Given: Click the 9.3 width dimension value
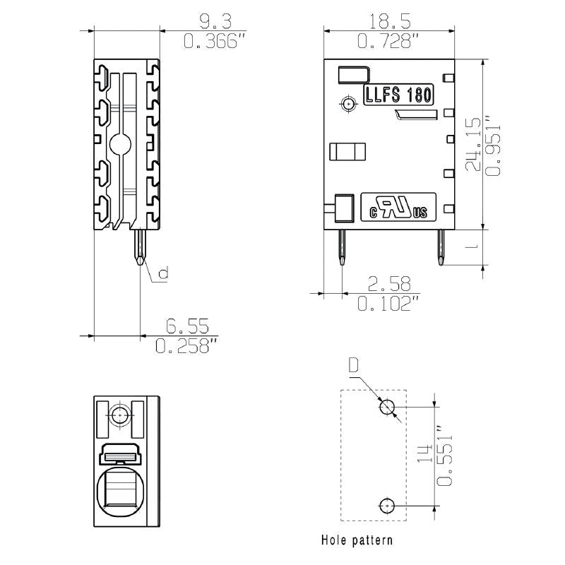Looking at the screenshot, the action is [x=215, y=22].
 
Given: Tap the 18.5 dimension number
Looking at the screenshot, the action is [x=390, y=22].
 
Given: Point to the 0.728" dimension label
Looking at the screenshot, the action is [x=389, y=41].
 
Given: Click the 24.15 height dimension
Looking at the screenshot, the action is [x=473, y=144].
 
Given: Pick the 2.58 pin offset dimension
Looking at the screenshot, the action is [x=389, y=284].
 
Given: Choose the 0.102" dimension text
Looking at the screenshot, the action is [x=389, y=304].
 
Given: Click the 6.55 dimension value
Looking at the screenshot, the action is [x=187, y=326].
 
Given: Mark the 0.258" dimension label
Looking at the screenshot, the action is [x=186, y=345].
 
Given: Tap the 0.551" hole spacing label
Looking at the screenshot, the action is [x=445, y=456].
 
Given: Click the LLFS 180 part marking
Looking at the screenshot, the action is [x=398, y=95].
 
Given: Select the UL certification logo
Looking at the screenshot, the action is [x=398, y=207].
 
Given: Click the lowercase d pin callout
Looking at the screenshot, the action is [x=164, y=273].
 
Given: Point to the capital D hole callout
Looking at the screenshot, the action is [x=354, y=366].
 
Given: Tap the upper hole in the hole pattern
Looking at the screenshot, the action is [x=387, y=408].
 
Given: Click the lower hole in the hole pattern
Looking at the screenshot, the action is [x=387, y=506].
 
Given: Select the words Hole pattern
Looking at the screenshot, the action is [x=357, y=540].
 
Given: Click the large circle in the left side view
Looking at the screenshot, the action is [x=120, y=145].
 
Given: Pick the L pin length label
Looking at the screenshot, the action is [x=472, y=246].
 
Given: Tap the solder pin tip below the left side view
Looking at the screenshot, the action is [x=140, y=261].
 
